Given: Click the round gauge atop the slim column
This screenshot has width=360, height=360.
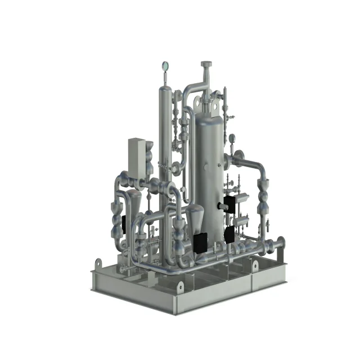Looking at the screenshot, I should pyautogui.click(x=165, y=66).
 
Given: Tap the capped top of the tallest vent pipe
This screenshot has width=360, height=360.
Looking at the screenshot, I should pyautogui.click(x=206, y=65).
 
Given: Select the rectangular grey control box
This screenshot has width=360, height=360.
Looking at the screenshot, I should pyautogui.click(x=137, y=155).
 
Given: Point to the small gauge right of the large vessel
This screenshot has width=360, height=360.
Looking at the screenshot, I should pyautogui.click(x=231, y=137).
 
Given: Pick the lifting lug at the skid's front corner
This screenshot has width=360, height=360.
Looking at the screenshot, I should pyautogui.click(x=181, y=286).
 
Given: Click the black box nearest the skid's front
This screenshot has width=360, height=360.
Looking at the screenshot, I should pyautogui.click(x=200, y=243).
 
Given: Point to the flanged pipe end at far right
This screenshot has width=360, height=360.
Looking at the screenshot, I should pyautogui.click(x=280, y=244).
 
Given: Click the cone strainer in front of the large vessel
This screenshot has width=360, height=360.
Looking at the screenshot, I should pyautogui.click(x=195, y=215).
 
